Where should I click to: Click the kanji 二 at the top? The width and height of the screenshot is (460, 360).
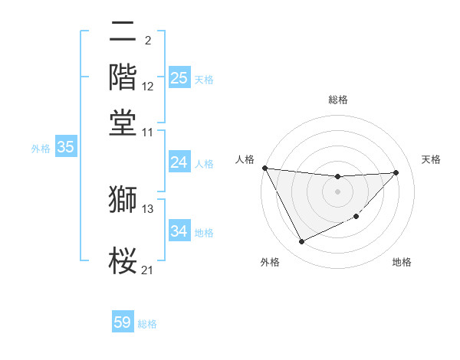(123, 32)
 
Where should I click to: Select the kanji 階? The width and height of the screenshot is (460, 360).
(123, 78)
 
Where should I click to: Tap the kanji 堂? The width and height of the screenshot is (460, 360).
(123, 123)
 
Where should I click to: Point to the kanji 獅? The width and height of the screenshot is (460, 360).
(123, 200)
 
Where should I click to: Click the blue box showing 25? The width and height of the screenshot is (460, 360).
(179, 78)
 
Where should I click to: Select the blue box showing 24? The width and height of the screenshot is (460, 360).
(179, 162)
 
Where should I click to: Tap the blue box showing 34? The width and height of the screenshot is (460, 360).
(179, 231)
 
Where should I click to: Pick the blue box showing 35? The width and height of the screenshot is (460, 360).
(65, 148)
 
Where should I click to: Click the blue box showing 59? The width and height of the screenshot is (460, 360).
(123, 322)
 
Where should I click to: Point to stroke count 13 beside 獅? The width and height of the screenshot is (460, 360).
(148, 208)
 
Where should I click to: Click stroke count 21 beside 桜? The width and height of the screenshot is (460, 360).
(148, 269)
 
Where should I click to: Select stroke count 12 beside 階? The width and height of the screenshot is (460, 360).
(148, 87)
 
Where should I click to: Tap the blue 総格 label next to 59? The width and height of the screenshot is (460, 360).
(147, 324)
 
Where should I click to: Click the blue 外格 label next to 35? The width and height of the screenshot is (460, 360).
(40, 149)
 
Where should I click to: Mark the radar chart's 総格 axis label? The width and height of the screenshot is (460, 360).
(337, 100)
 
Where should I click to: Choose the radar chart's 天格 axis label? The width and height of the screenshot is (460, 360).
(431, 159)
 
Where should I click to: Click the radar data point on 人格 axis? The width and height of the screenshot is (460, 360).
(264, 168)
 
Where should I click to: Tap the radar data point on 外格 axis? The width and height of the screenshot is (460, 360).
(301, 242)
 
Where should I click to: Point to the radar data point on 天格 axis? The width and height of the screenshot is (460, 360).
(396, 172)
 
